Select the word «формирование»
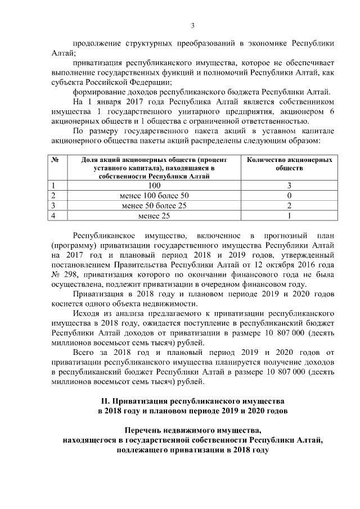pos(100,93)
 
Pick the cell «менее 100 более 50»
pos(154,195)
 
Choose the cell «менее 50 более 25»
pos(154,205)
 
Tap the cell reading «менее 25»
pos(154,215)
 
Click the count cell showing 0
pos(289,195)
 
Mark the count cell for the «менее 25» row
pos(289,215)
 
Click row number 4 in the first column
pos(53,215)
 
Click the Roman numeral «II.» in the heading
pos(105,403)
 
